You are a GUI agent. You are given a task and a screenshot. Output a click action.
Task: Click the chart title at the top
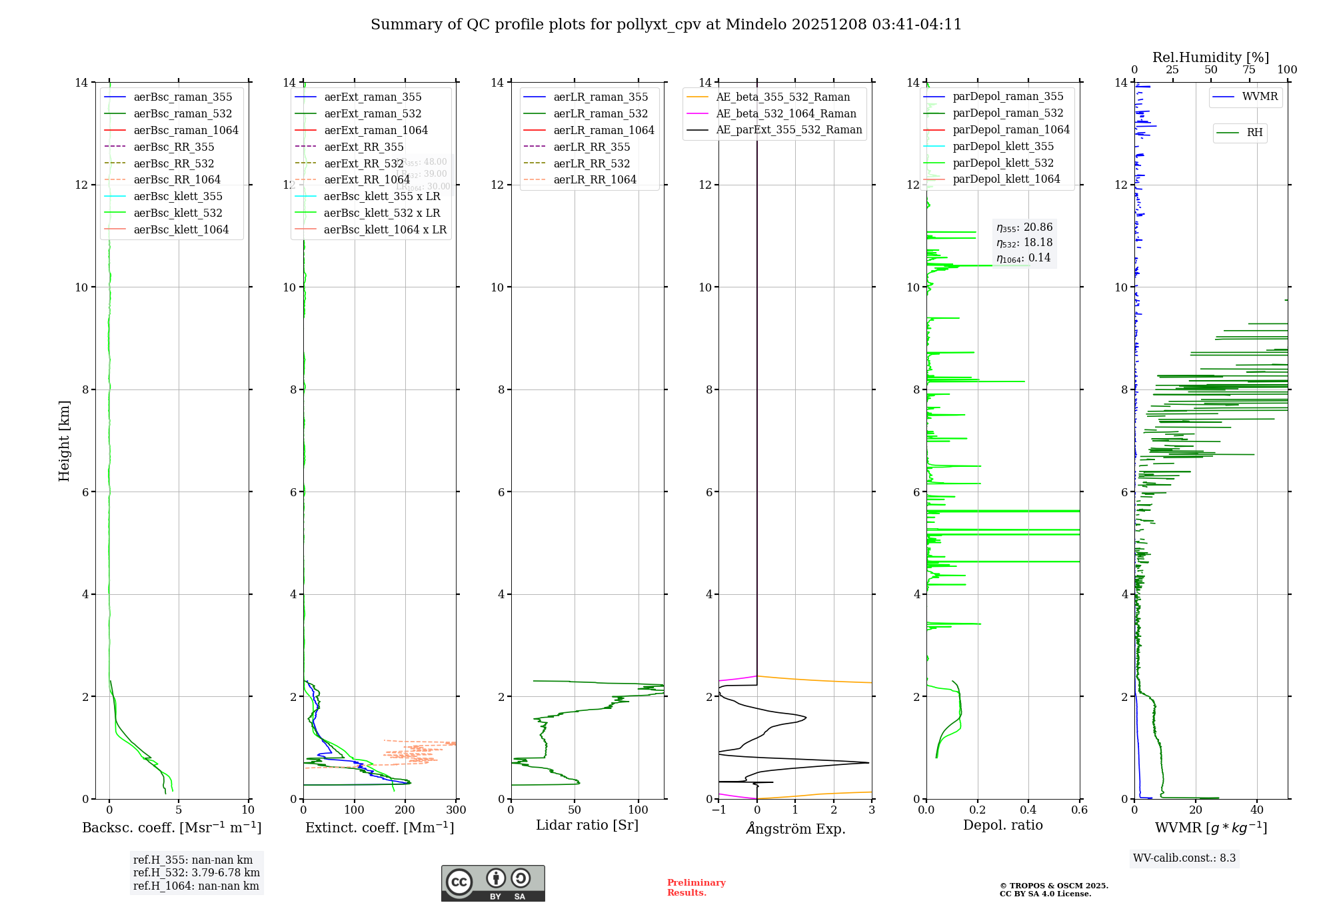click(x=666, y=25)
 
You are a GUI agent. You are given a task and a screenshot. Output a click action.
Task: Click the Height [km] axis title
click(x=64, y=441)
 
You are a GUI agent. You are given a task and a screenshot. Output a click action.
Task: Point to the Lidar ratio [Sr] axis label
click(x=587, y=825)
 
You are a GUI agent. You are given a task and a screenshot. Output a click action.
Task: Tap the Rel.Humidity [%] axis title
click(x=1210, y=57)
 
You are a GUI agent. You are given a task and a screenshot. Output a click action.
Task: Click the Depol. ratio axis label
click(x=1002, y=825)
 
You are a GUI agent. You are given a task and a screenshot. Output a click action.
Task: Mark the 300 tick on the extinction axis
click(x=457, y=810)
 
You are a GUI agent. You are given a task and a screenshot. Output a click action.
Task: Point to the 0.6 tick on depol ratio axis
click(x=1079, y=810)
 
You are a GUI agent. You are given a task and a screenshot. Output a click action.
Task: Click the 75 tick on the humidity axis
click(x=1249, y=70)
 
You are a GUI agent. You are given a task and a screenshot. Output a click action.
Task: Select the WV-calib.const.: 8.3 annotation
click(x=1184, y=858)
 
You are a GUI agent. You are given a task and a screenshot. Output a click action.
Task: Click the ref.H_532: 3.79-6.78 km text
click(x=197, y=873)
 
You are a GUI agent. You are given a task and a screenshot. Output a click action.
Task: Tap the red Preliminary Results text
click(x=696, y=888)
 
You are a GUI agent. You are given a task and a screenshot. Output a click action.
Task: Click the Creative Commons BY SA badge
click(x=493, y=883)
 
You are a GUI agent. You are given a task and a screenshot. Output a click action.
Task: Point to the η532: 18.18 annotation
click(x=1024, y=243)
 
